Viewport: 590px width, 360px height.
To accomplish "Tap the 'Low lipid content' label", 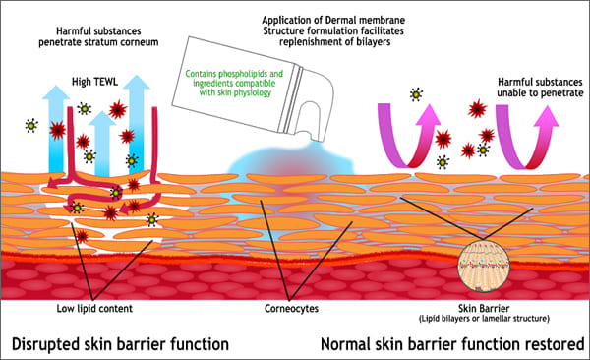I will point(94,307).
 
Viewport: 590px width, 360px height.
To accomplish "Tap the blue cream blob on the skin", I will point(285,162).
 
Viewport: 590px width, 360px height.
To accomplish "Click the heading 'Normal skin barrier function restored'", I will point(452,342).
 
